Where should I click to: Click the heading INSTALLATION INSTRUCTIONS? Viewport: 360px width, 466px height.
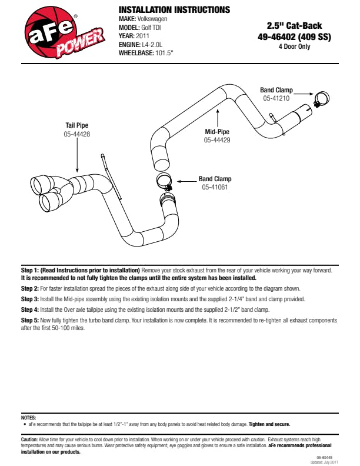point(174,10)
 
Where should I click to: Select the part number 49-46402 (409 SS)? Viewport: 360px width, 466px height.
point(294,36)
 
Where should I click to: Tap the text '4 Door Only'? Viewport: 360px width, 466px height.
point(294,46)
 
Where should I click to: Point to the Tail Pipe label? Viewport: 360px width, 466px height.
point(77,125)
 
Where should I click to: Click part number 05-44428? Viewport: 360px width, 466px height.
point(77,134)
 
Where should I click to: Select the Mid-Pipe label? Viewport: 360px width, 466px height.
point(217,132)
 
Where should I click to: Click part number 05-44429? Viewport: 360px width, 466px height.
point(217,140)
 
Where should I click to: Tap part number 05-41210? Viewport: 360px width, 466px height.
point(276,98)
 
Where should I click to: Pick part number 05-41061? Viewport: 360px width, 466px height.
point(215,187)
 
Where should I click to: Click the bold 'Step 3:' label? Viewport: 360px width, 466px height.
point(29,299)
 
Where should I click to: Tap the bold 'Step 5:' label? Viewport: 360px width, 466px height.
point(29,320)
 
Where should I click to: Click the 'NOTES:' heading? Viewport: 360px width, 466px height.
point(28,417)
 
